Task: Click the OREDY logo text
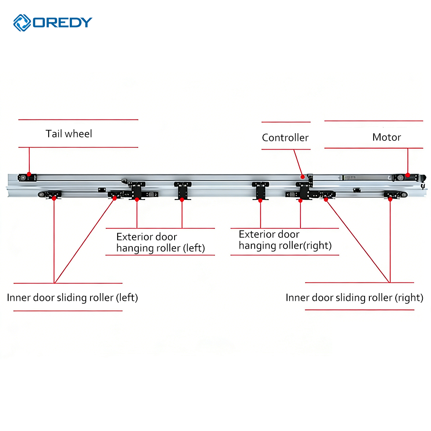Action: pos(62,22)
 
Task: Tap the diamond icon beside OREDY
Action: pos(22,23)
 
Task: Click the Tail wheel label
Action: pos(69,134)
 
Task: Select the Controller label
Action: pos(285,137)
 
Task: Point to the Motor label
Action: pos(387,137)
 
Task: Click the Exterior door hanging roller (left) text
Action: pos(160,242)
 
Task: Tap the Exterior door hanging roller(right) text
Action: pos(285,240)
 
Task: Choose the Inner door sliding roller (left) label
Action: pos(72,298)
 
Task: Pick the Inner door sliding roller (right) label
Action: pos(354,298)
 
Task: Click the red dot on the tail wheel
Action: pos(29,174)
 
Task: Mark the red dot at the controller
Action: pos(303,177)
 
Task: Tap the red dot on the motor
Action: pos(408,175)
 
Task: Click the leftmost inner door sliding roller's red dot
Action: pos(54,198)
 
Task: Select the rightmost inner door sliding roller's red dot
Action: pos(390,200)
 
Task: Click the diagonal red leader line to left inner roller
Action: pos(84,240)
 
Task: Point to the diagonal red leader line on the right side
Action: pos(358,241)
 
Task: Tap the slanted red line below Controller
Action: pos(298,163)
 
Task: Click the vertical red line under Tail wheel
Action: pos(29,161)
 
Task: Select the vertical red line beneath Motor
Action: pos(408,162)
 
